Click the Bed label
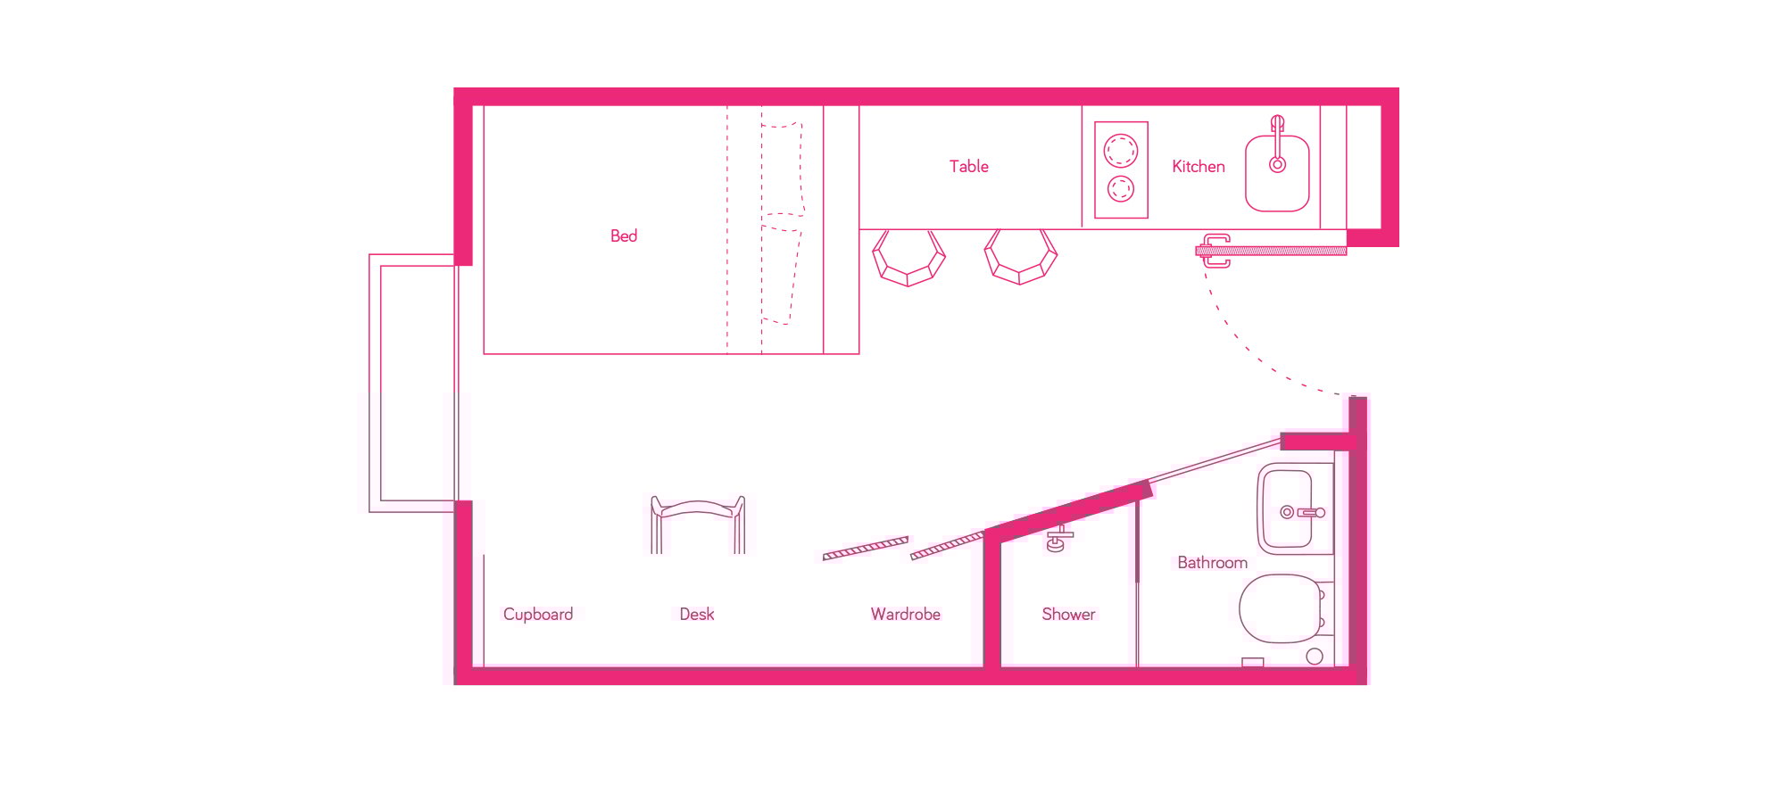[624, 235]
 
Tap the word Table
[968, 166]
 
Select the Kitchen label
[1198, 166]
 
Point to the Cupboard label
[538, 614]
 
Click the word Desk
[697, 614]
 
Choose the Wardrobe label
[906, 614]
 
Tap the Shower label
[1068, 614]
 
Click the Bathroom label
[1212, 562]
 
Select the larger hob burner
[1121, 150]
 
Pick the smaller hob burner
[1121, 189]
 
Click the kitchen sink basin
[1277, 173]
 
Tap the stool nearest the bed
[908, 258]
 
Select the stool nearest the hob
[1021, 258]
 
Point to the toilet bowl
[1280, 608]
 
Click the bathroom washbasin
[1287, 508]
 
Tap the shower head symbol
[1058, 540]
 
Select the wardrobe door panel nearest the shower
[948, 546]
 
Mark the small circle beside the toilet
[1315, 657]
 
